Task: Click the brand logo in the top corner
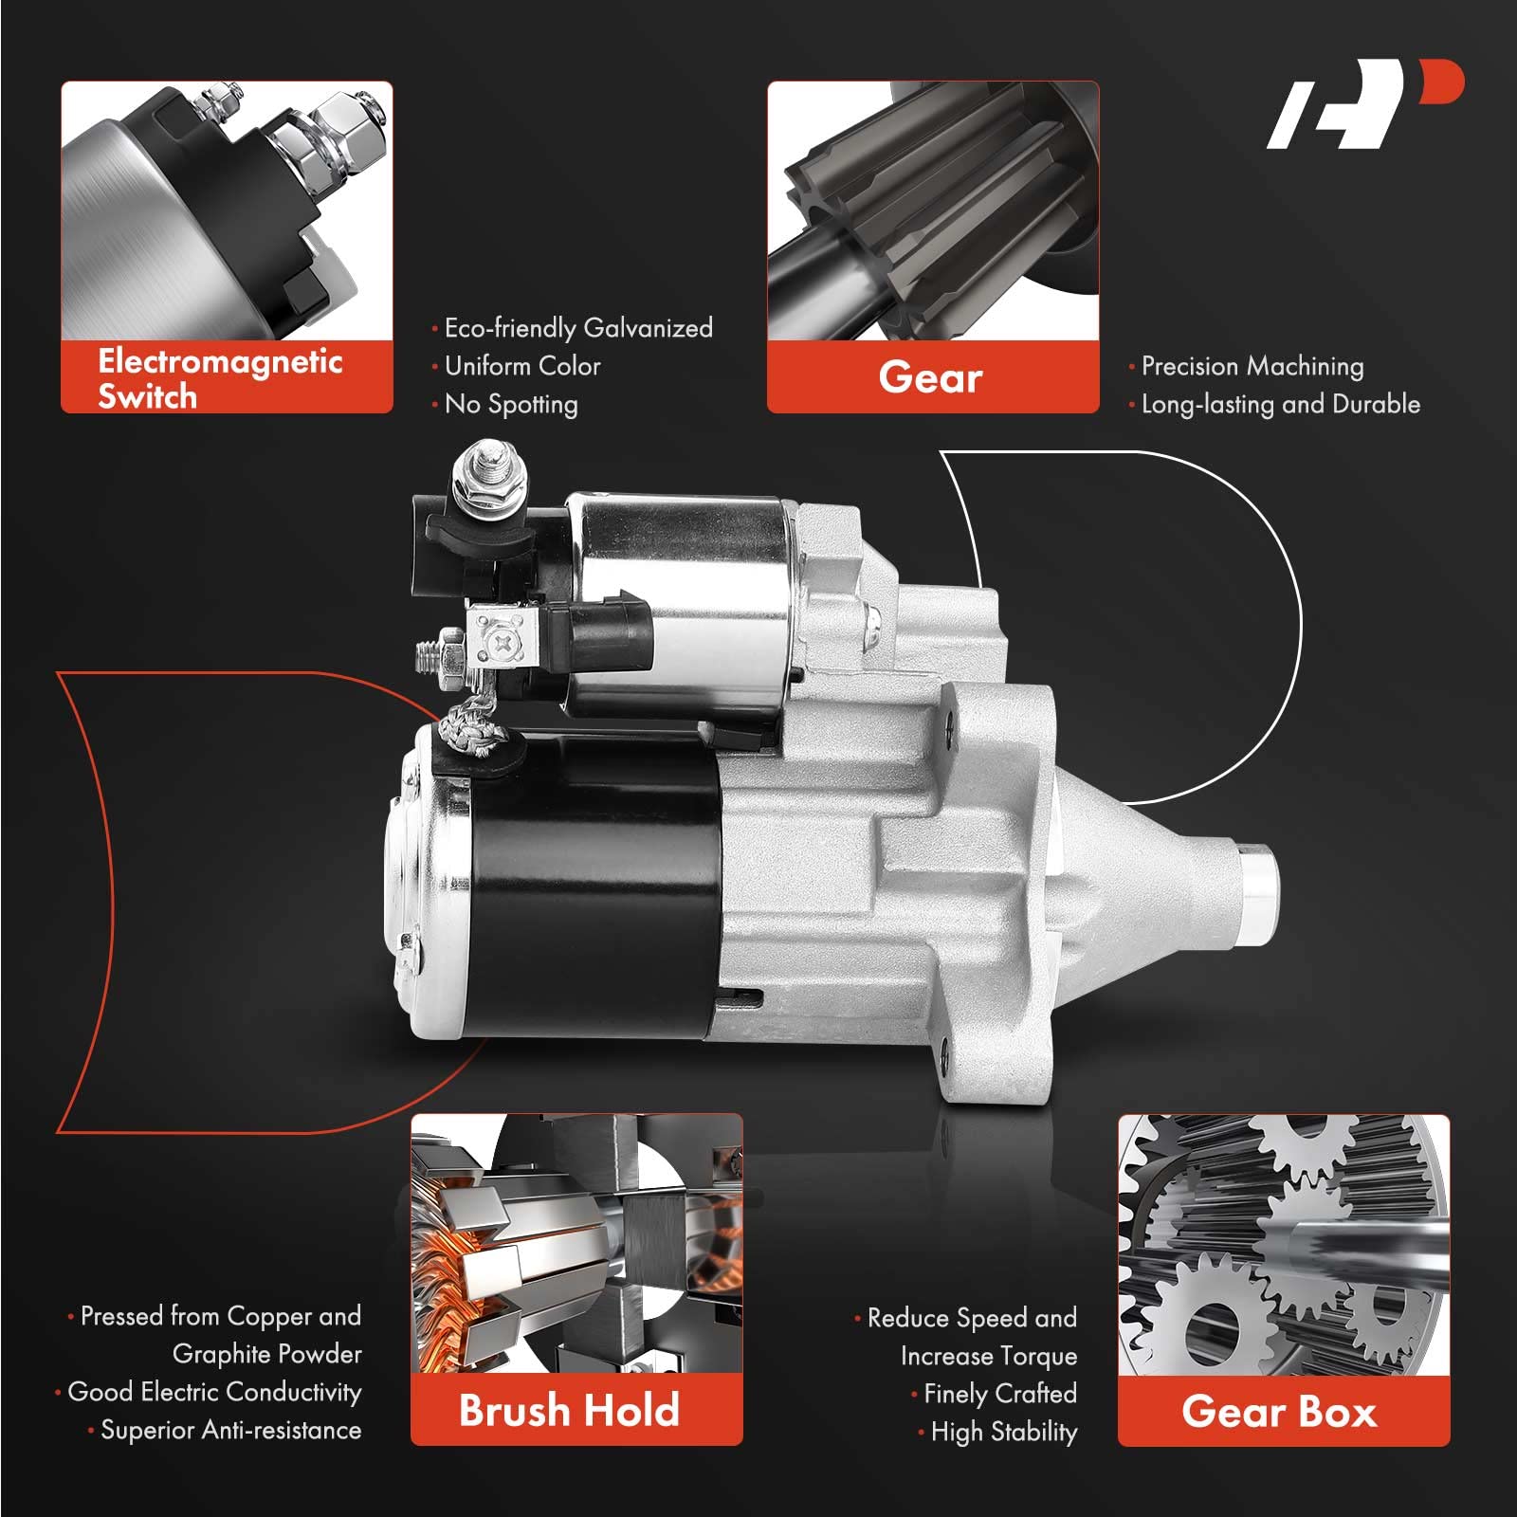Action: point(1365,104)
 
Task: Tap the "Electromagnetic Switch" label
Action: point(220,377)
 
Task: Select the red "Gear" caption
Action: point(931,377)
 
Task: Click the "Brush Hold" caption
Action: point(569,1410)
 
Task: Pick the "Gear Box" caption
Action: point(1279,1412)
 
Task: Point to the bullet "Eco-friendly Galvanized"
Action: point(573,328)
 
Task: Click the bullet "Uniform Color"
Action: point(517,366)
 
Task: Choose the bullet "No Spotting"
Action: point(505,405)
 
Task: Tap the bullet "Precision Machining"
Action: point(1247,366)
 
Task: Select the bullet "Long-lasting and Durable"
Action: point(1275,405)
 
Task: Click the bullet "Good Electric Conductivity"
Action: point(209,1392)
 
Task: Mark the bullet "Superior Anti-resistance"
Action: point(225,1430)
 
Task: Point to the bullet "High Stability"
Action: point(998,1432)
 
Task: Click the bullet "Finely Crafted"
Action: point(995,1394)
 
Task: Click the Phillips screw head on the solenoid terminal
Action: point(503,641)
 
